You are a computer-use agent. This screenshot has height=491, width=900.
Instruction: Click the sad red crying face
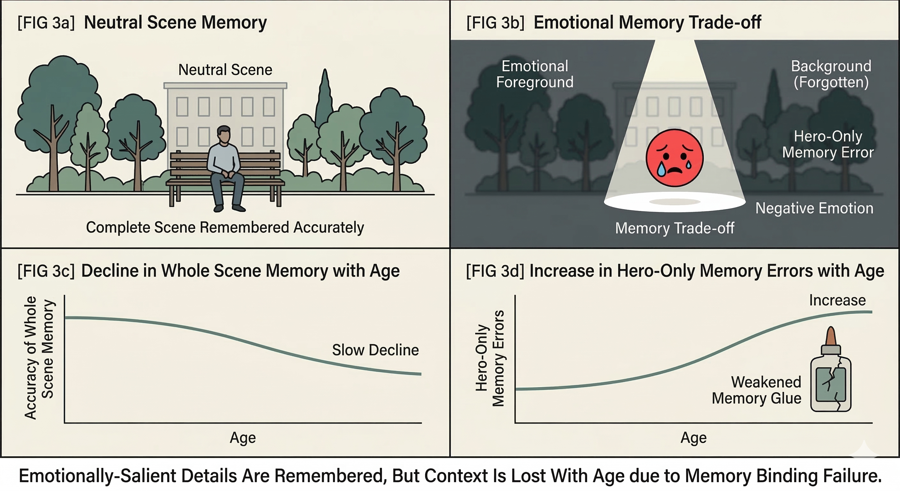pyautogui.click(x=674, y=158)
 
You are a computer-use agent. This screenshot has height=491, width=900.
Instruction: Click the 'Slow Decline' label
pyautogui.click(x=375, y=350)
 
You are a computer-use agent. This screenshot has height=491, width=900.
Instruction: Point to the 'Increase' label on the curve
pyautogui.click(x=837, y=300)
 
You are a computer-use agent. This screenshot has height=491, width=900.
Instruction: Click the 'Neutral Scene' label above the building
pyautogui.click(x=225, y=70)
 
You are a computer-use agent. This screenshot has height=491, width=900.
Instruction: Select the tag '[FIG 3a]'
pyautogui.click(x=46, y=23)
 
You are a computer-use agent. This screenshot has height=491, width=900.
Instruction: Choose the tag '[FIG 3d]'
pyautogui.click(x=495, y=271)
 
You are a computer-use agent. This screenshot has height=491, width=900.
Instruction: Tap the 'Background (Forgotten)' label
pyautogui.click(x=831, y=74)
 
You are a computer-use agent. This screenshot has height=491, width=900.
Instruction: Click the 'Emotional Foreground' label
pyautogui.click(x=535, y=74)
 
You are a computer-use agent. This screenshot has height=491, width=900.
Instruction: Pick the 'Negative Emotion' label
pyautogui.click(x=814, y=208)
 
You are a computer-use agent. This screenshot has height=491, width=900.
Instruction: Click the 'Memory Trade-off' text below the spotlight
pyautogui.click(x=674, y=228)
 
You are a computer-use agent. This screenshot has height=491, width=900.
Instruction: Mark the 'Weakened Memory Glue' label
pyautogui.click(x=757, y=390)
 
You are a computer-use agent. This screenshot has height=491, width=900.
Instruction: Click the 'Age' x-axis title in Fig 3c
pyautogui.click(x=243, y=438)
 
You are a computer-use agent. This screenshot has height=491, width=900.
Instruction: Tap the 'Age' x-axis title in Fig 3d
pyautogui.click(x=694, y=438)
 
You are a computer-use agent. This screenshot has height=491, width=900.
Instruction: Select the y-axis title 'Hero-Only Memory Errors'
pyautogui.click(x=490, y=358)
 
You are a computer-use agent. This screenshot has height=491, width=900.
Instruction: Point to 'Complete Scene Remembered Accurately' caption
pyautogui.click(x=225, y=227)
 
